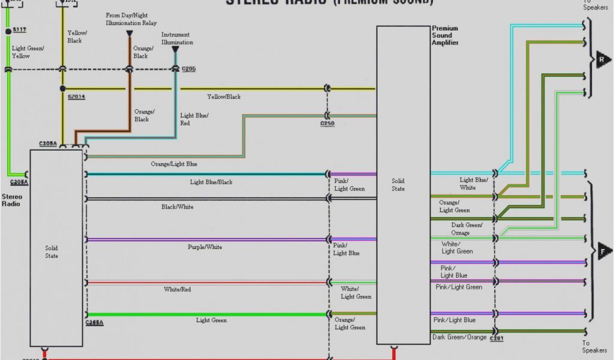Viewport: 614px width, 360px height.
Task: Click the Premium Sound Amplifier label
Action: [x=445, y=35]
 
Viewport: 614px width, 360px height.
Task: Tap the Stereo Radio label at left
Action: [x=11, y=200]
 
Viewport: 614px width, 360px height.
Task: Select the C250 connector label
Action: [x=327, y=124]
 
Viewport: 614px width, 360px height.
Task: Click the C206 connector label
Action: [x=188, y=69]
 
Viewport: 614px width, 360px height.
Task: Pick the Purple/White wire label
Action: [x=205, y=247]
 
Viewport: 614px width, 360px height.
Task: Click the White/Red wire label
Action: [x=177, y=290]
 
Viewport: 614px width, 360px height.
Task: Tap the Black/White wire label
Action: [x=177, y=207]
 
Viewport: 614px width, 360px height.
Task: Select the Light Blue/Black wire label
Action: [x=211, y=182]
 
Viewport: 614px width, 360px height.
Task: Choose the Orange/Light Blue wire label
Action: [x=174, y=164]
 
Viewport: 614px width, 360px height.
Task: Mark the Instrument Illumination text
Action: [x=177, y=39]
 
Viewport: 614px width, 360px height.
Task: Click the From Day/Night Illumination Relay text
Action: [x=131, y=19]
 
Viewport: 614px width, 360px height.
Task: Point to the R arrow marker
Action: [x=602, y=60]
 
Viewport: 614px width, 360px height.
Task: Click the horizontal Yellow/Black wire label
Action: [x=224, y=97]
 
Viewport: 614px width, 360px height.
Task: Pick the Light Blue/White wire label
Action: [x=474, y=184]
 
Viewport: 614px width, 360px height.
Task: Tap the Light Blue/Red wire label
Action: [x=194, y=119]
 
